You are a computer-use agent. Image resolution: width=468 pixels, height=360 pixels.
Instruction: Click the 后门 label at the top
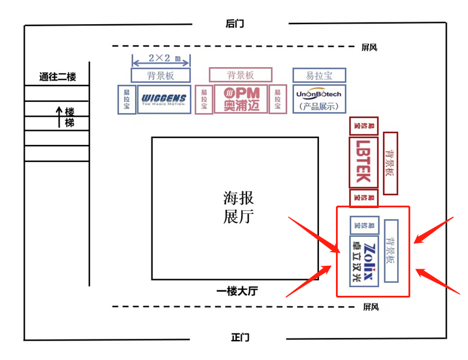pyautogui.click(x=234, y=24)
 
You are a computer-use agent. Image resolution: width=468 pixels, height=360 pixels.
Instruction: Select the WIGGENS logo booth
pyautogui.click(x=163, y=99)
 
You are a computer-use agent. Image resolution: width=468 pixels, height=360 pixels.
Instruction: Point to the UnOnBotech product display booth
pyautogui.click(x=319, y=98)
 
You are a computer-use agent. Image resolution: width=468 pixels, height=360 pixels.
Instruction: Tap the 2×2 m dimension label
pyautogui.click(x=160, y=58)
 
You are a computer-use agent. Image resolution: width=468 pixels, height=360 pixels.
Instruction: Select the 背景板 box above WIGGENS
pyautogui.click(x=161, y=75)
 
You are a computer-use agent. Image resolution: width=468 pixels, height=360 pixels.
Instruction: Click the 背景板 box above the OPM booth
pyautogui.click(x=240, y=74)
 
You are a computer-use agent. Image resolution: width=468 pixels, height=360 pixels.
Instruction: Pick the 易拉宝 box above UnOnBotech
pyautogui.click(x=319, y=75)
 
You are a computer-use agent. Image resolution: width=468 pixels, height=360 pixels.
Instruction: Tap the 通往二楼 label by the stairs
pyautogui.click(x=57, y=77)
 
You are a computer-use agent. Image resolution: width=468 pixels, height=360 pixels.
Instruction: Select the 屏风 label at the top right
pyautogui.click(x=369, y=48)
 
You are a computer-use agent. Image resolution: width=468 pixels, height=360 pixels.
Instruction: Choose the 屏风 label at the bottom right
pyautogui.click(x=370, y=307)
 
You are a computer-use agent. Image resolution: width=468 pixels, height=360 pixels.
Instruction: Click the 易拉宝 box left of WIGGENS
pyautogui.click(x=126, y=99)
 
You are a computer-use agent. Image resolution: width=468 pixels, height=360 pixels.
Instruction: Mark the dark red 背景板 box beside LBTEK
pyautogui.click(x=390, y=164)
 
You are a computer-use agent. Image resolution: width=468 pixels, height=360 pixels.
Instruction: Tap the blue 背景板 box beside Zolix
pyautogui.click(x=391, y=251)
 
